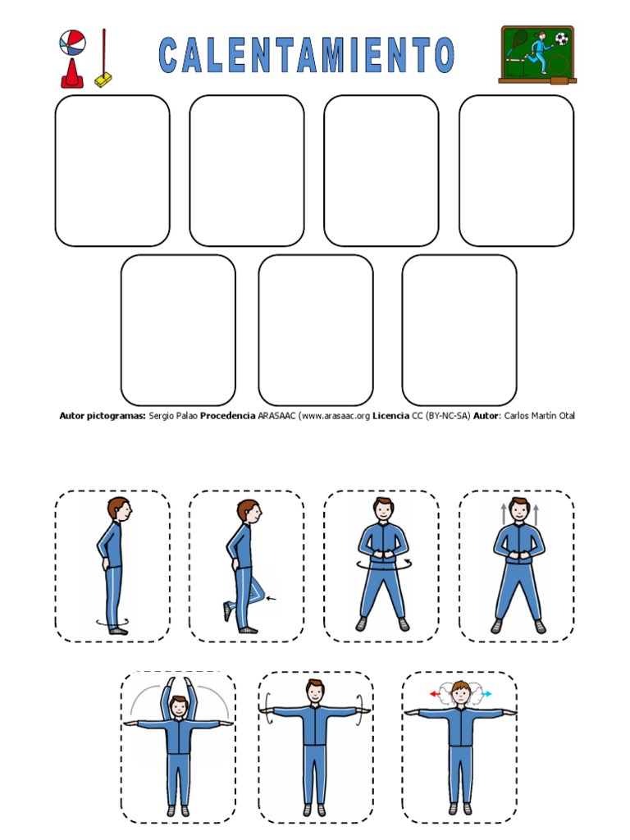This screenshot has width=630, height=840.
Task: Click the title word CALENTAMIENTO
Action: click(307, 55)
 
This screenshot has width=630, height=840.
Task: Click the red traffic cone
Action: click(72, 73)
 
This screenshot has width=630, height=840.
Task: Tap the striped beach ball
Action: click(72, 43)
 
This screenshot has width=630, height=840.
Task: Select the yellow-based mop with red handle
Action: click(103, 58)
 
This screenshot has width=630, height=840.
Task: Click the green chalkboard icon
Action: click(537, 55)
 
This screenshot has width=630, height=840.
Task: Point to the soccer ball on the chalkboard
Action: click(561, 39)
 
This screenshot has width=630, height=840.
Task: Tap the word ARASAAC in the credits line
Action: click(276, 416)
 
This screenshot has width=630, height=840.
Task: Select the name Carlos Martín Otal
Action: click(540, 416)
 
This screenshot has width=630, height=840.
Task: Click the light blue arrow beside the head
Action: click(486, 694)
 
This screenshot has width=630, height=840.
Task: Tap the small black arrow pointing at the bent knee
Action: click(271, 598)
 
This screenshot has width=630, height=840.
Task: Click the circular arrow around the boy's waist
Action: click(382, 565)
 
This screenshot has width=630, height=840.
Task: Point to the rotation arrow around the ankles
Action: click(112, 622)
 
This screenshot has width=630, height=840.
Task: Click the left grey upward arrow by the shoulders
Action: click(503, 514)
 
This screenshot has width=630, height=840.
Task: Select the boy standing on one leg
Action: click(245, 566)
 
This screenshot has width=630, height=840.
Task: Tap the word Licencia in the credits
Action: click(390, 416)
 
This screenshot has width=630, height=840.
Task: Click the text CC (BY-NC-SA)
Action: click(441, 416)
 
